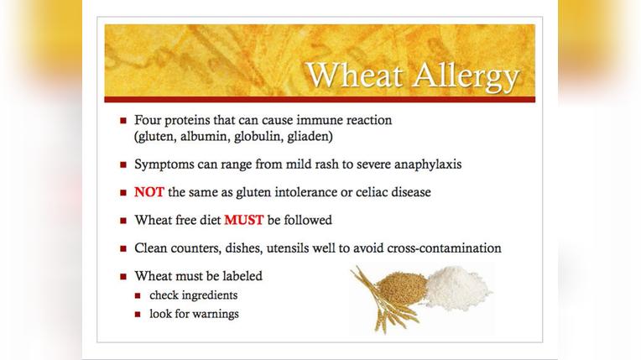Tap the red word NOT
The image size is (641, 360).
point(149,192)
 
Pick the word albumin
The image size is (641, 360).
point(202,136)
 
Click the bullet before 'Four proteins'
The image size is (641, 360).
point(123,121)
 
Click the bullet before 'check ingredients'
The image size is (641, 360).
point(138,296)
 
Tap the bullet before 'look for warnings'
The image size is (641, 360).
point(138,315)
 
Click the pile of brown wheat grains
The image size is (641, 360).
point(402,288)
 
